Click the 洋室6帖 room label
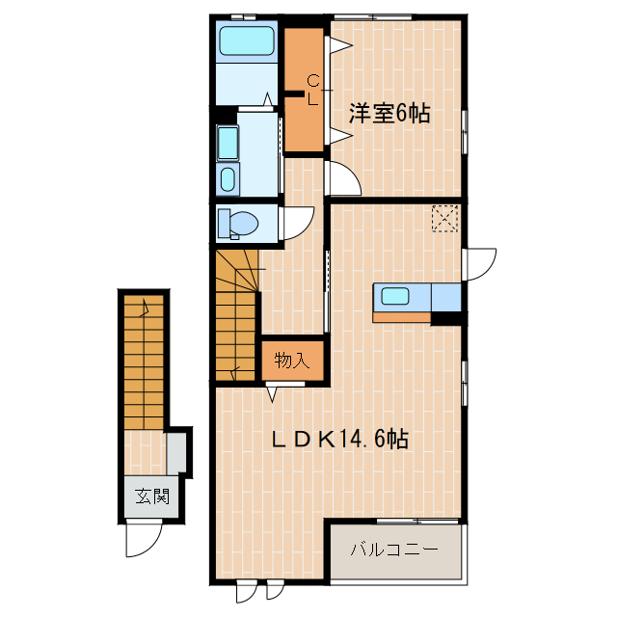(389, 114)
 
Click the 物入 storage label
(291, 362)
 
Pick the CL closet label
(312, 90)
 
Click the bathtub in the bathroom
(247, 41)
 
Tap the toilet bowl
(237, 224)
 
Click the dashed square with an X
(444, 218)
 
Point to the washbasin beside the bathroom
(228, 178)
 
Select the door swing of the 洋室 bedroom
(342, 178)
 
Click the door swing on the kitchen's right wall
(479, 263)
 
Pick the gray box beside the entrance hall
(177, 452)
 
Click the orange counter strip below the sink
(401, 316)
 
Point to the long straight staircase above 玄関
(144, 362)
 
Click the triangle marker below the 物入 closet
(273, 390)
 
